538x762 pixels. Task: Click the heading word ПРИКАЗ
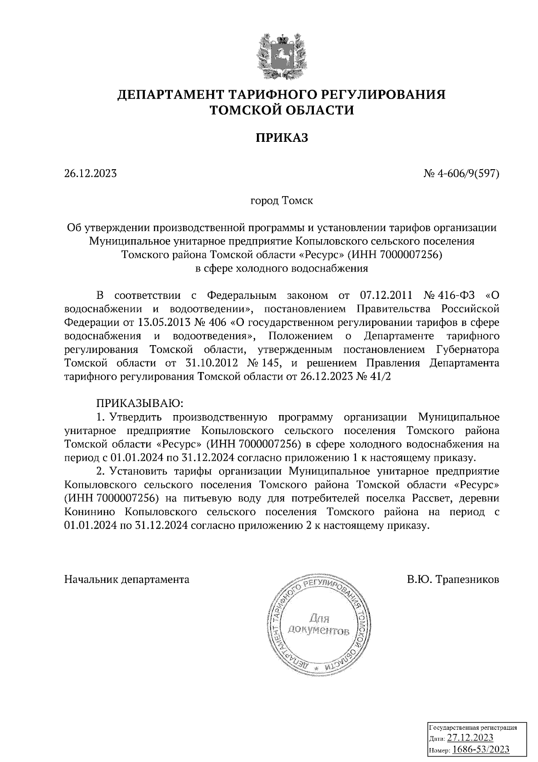pyautogui.click(x=282, y=138)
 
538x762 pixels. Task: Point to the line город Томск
pyautogui.click(x=282, y=201)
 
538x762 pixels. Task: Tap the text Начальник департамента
pyautogui.click(x=127, y=579)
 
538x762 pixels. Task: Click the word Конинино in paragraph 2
pyautogui.click(x=90, y=512)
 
